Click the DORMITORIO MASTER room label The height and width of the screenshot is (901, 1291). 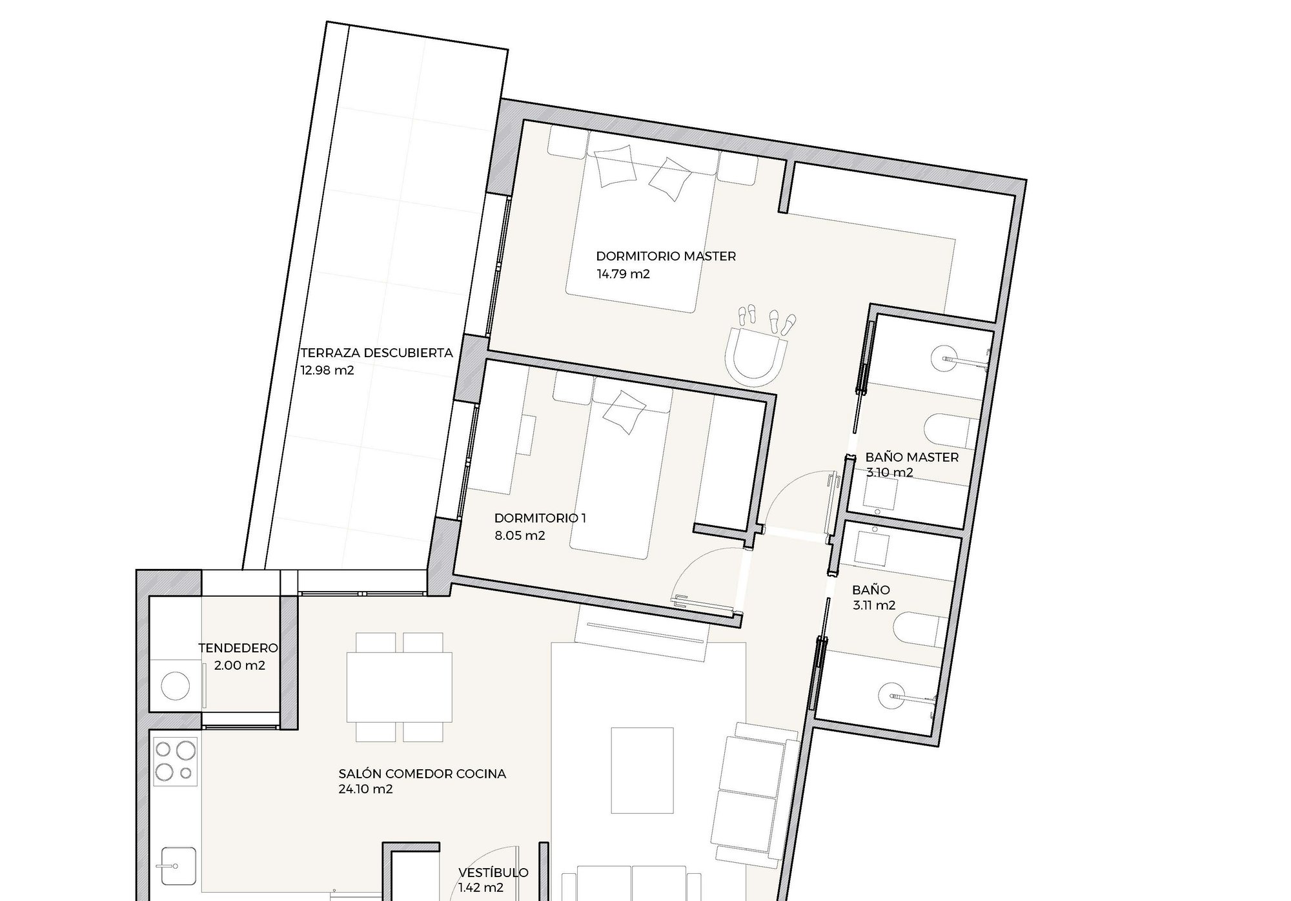tap(666, 256)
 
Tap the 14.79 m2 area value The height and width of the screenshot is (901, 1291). tap(623, 274)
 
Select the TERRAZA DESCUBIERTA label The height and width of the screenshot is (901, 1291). tap(377, 353)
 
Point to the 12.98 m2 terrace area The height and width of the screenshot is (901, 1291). tap(327, 371)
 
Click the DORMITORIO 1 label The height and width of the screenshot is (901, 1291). tap(540, 518)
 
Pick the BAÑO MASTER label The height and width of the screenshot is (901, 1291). tap(911, 457)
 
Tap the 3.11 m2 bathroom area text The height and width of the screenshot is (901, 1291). tap(873, 605)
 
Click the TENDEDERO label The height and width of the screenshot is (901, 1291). tap(238, 648)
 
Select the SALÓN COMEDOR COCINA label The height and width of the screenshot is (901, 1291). tap(422, 773)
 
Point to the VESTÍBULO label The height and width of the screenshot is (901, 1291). tap(493, 873)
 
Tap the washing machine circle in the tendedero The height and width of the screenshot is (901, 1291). tap(174, 685)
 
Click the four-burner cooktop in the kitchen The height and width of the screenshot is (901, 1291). tap(176, 762)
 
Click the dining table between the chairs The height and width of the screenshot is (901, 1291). tap(400, 687)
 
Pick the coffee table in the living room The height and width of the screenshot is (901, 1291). tap(642, 770)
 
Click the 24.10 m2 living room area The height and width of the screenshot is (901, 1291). tap(365, 789)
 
